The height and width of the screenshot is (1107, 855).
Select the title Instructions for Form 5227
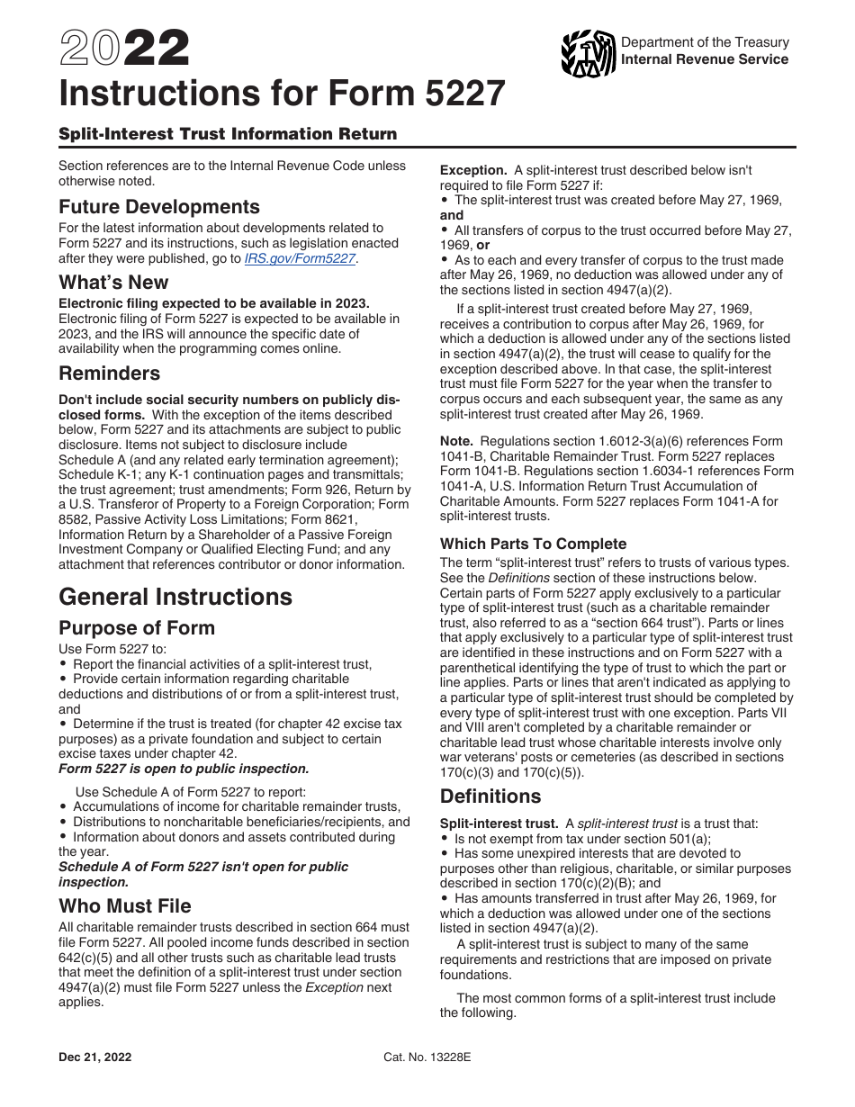(282, 94)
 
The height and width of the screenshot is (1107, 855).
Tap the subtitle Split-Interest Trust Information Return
(228, 134)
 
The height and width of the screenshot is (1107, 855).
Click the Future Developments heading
(159, 207)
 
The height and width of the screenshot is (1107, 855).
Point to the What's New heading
(114, 283)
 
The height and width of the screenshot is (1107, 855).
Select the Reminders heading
(110, 373)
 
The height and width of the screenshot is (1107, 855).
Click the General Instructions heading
(175, 597)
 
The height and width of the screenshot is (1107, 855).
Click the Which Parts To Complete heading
(533, 544)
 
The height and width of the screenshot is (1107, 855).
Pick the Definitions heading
(490, 796)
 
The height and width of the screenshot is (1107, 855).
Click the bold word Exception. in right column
(473, 170)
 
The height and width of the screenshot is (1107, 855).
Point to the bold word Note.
(456, 441)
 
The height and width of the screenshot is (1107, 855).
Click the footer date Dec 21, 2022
(94, 1057)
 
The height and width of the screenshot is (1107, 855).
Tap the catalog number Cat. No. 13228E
(427, 1057)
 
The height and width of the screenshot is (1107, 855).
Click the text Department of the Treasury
(705, 42)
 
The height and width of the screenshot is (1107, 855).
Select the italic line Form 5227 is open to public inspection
(184, 769)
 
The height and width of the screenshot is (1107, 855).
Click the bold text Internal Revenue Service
(705, 59)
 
